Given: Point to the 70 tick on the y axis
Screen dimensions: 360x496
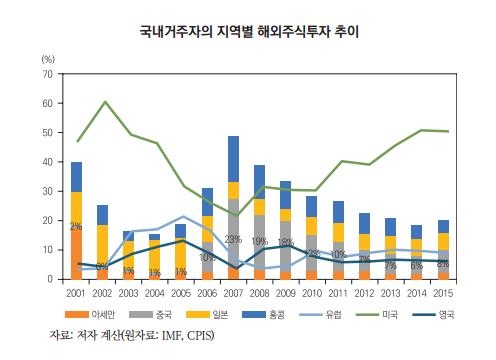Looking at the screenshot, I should (47, 75).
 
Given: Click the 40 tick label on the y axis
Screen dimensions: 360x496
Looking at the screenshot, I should (47, 162).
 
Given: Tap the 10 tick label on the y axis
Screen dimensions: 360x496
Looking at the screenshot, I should (47, 250).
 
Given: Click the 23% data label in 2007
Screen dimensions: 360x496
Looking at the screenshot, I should (232, 239).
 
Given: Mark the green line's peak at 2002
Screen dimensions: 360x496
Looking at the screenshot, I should (102, 102).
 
